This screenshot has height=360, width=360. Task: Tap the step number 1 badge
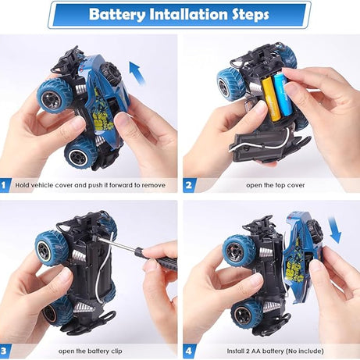5,186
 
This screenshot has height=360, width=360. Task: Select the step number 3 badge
5,351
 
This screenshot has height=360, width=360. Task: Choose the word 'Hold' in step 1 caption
23,186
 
